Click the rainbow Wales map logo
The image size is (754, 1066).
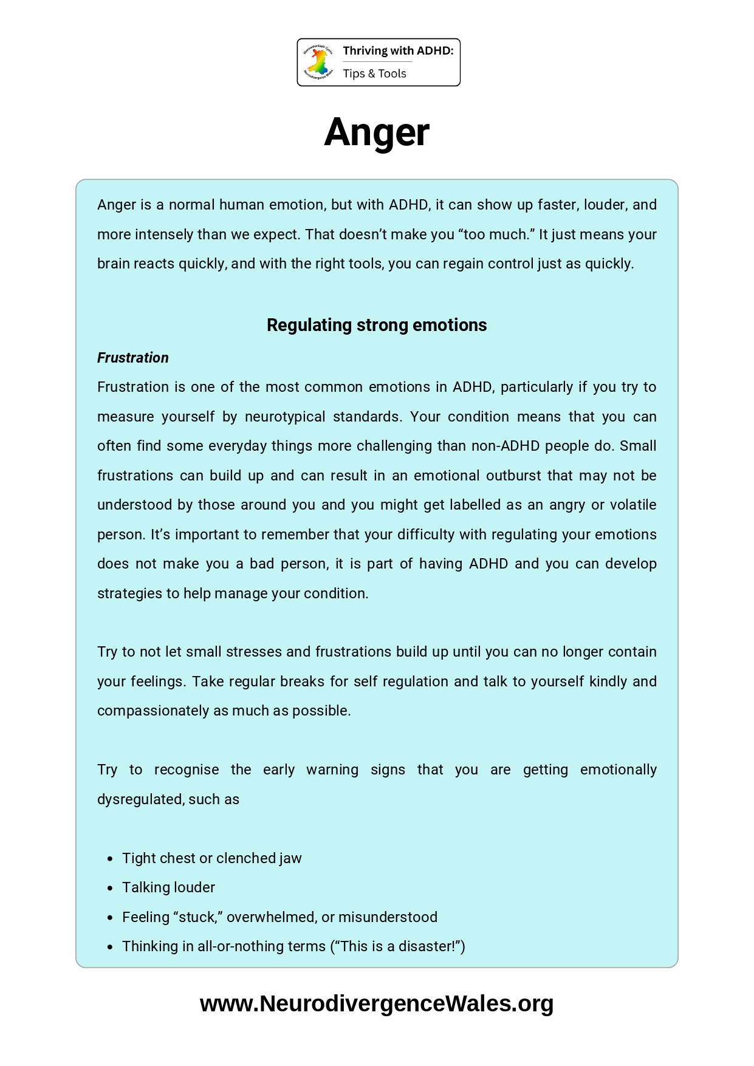point(318,62)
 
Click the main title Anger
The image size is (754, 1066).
point(377,132)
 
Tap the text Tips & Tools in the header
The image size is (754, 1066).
point(374,73)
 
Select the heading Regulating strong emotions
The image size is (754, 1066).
point(377,325)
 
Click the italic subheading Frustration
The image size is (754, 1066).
point(133,358)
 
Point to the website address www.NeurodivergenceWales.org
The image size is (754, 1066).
point(377,1004)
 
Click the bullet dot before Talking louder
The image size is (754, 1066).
point(110,888)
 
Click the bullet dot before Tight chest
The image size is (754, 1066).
point(110,859)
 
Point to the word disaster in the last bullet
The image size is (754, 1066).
point(426,946)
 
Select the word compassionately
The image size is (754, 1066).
point(153,711)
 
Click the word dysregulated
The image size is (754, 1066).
point(140,799)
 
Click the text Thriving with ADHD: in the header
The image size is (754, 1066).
point(398,51)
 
